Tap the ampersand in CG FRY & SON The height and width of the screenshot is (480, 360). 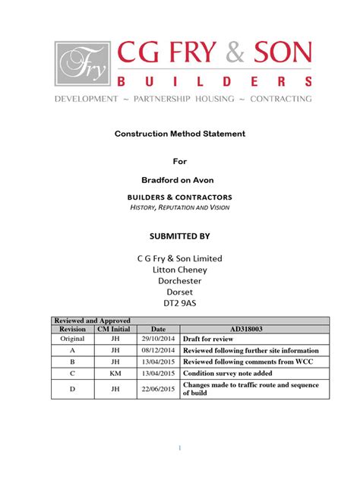tap(232, 52)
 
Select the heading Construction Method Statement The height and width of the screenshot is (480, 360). tap(179, 134)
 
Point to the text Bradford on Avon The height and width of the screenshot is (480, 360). tap(179, 179)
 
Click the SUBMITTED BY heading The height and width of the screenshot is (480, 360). tap(179, 235)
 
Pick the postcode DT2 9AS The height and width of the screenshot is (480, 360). tap(179, 302)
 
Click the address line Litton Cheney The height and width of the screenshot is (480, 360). tap(179, 269)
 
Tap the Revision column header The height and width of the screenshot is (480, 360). tap(72, 328)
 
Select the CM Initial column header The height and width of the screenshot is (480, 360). tap(113, 328)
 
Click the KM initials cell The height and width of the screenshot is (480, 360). tap(113, 374)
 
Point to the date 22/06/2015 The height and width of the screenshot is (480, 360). tap(157, 390)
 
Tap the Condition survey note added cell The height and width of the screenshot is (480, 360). tap(231, 374)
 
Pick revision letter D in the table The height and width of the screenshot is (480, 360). tap(72, 390)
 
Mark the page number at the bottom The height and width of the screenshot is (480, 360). tap(179, 447)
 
